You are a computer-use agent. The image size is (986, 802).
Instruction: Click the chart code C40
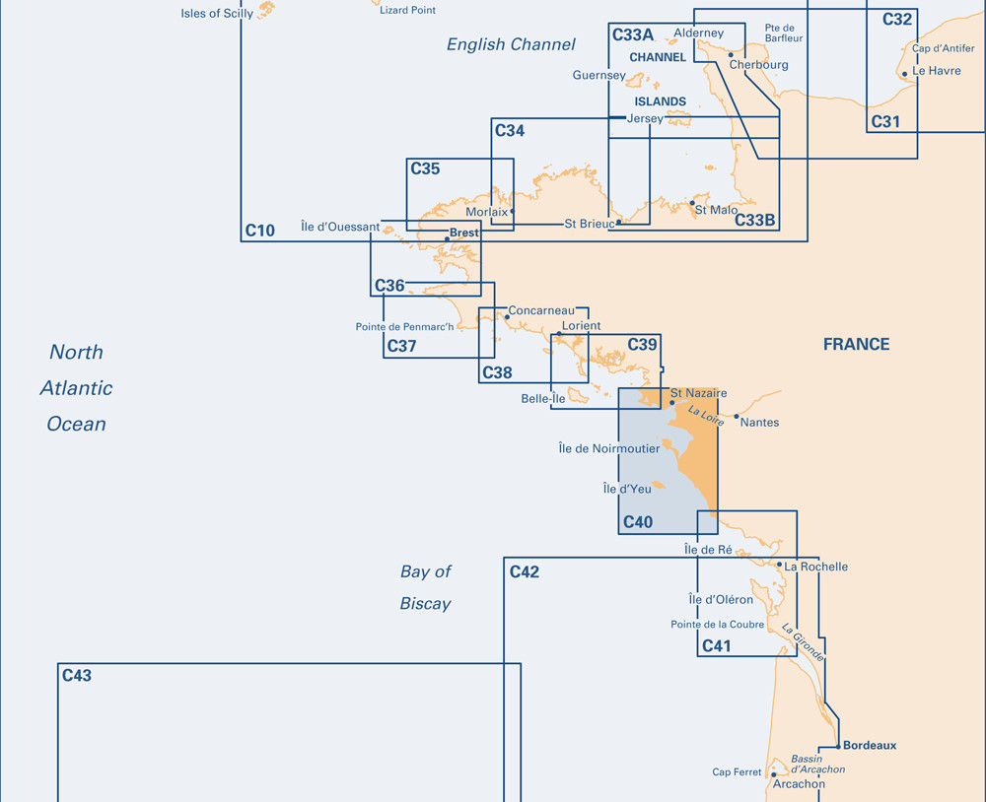point(638,521)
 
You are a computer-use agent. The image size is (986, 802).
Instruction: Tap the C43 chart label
point(77,676)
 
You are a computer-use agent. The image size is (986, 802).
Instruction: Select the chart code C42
point(525,572)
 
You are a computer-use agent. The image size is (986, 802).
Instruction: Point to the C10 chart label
point(259,231)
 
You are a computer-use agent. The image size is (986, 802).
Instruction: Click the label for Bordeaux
point(870,746)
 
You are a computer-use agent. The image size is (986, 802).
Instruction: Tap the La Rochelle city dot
point(779,565)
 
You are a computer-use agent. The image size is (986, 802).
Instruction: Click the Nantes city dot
point(737,416)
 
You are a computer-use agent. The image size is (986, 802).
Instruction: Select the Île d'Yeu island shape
point(659,485)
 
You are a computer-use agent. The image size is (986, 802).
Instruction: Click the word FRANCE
point(857,345)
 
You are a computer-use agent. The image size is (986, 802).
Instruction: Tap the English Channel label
point(511,44)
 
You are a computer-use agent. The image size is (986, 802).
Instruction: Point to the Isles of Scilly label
point(217,13)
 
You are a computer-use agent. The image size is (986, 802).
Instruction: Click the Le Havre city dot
point(905,74)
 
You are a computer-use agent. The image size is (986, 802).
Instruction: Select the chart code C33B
point(754,220)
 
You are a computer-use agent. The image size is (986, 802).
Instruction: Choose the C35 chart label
point(425,168)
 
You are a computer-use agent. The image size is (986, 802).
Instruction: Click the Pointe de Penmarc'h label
point(404,327)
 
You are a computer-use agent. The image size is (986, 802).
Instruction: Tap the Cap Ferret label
point(737,771)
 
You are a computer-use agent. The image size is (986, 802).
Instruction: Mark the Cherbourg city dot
point(731,55)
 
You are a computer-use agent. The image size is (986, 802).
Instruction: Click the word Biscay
point(426,604)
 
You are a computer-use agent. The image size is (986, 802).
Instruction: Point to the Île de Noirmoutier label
point(609,448)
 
